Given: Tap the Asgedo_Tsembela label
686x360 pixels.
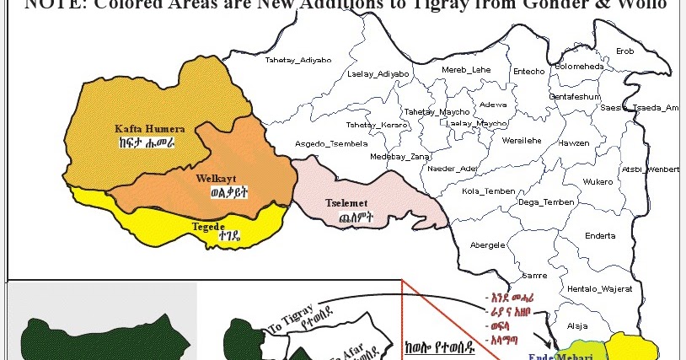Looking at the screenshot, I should [x=330, y=143].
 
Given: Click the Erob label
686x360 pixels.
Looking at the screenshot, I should [x=625, y=51].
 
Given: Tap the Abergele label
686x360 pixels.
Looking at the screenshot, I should [x=487, y=245].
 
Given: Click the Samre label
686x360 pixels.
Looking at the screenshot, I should [x=535, y=276].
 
